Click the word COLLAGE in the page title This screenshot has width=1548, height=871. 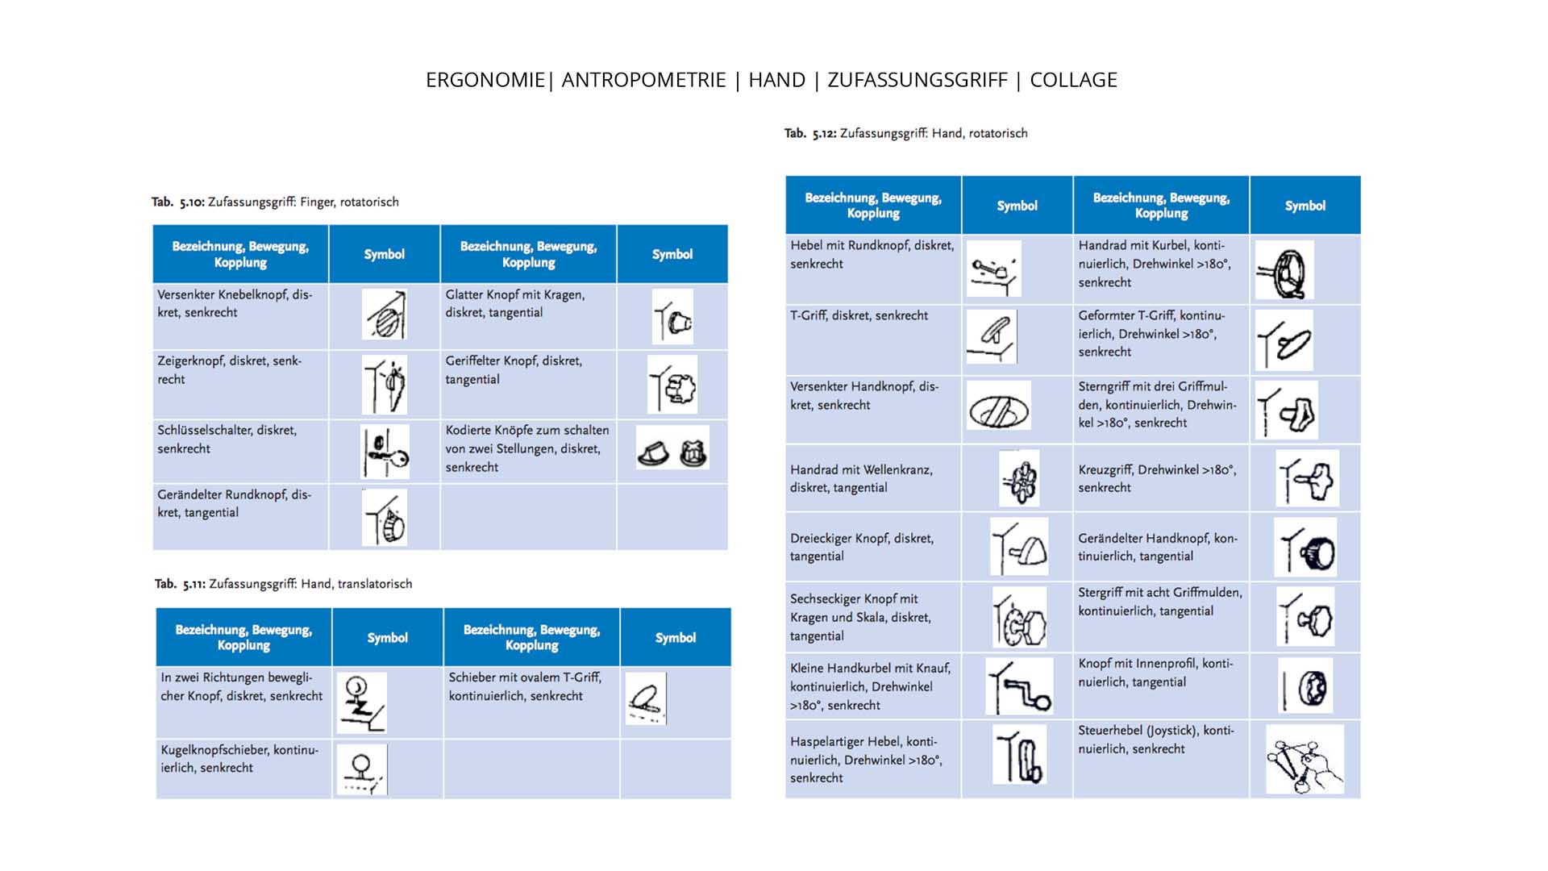1073,80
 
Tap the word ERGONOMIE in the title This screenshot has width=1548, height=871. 485,80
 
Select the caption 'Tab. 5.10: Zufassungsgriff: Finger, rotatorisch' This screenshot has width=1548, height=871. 275,202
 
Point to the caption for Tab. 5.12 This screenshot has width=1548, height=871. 905,133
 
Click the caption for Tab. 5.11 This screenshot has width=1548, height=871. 283,583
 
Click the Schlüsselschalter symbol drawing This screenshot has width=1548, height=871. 385,452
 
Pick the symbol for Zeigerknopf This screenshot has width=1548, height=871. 385,385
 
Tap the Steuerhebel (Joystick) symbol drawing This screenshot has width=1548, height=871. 1304,759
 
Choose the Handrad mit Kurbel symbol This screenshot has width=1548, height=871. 1284,270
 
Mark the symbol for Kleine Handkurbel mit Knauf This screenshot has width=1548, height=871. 1019,686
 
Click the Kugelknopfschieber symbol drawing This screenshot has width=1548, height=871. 361,770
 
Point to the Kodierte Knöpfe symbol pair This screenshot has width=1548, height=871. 672,448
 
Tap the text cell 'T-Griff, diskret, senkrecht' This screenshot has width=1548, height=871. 859,315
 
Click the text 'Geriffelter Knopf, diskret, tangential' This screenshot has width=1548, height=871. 514,369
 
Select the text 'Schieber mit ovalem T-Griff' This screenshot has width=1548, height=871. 524,677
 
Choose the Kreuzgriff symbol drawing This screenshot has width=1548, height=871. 1307,478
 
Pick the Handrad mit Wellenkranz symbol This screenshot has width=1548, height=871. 1019,478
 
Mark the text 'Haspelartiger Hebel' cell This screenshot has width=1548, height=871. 865,759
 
